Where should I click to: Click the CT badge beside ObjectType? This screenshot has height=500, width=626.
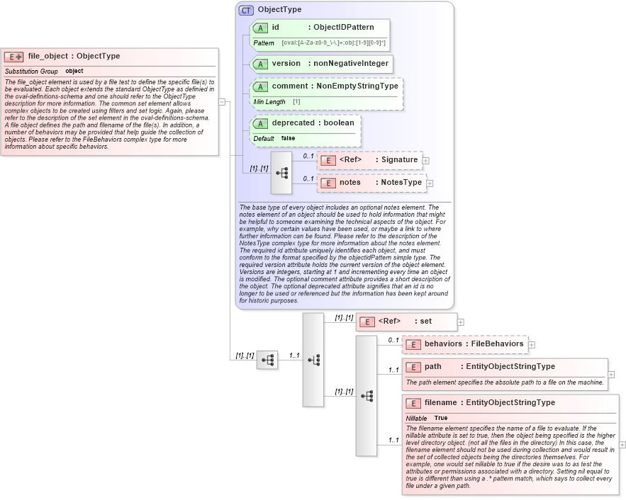click(246, 10)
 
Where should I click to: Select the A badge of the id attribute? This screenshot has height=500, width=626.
click(260, 28)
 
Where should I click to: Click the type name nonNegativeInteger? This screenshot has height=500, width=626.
click(350, 63)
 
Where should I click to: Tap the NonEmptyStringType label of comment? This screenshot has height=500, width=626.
click(357, 86)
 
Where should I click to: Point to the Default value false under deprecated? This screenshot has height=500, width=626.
click(288, 139)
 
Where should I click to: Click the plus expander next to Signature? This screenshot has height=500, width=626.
click(425, 161)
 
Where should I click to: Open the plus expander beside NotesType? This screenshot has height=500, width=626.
click(430, 183)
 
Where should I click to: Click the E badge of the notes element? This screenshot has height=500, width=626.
click(328, 183)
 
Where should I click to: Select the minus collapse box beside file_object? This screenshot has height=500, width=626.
click(222, 101)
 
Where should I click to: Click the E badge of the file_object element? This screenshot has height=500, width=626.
click(14, 57)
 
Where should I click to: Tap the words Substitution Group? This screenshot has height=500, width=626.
click(31, 72)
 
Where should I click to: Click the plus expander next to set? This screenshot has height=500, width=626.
click(461, 322)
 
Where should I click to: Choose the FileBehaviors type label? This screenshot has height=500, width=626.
click(498, 344)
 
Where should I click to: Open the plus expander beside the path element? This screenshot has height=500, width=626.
click(611, 375)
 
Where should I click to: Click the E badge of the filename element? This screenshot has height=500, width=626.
click(413, 403)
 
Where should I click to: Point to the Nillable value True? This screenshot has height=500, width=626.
click(440, 419)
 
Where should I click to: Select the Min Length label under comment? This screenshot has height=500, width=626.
click(269, 102)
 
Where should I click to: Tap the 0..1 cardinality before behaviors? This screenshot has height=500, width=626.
click(393, 340)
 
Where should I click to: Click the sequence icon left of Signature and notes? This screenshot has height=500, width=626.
click(281, 172)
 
